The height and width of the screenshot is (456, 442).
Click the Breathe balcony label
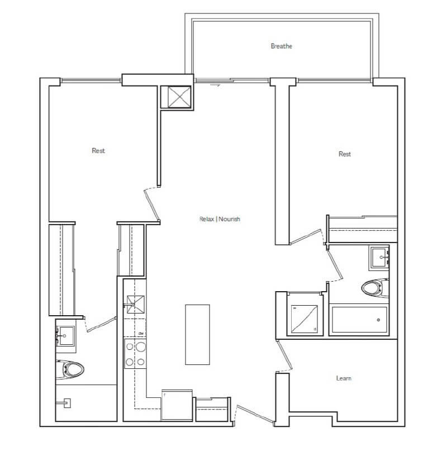point(281,46)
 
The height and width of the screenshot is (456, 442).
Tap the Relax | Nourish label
point(220,219)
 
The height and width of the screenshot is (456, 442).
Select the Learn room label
point(344,378)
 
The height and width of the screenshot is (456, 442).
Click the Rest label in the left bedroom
point(98,150)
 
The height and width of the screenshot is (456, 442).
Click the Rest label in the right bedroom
point(345,154)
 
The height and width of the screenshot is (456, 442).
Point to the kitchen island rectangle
point(197,334)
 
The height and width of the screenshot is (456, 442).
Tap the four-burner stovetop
point(135,354)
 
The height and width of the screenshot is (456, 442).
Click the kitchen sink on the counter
point(135,305)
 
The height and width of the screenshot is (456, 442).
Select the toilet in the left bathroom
point(70,369)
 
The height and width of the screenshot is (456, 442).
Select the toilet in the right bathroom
point(375,288)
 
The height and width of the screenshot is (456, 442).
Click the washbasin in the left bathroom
point(65,336)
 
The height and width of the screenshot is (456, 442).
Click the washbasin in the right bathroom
point(379,258)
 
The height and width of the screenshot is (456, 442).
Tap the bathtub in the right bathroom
point(359,320)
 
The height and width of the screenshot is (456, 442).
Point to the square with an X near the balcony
point(179,97)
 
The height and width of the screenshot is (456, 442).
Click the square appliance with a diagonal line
point(305,319)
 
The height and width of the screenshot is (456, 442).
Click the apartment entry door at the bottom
point(254,414)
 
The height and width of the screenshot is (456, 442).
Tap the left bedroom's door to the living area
point(151,204)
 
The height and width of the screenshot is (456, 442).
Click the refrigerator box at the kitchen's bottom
point(177,405)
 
